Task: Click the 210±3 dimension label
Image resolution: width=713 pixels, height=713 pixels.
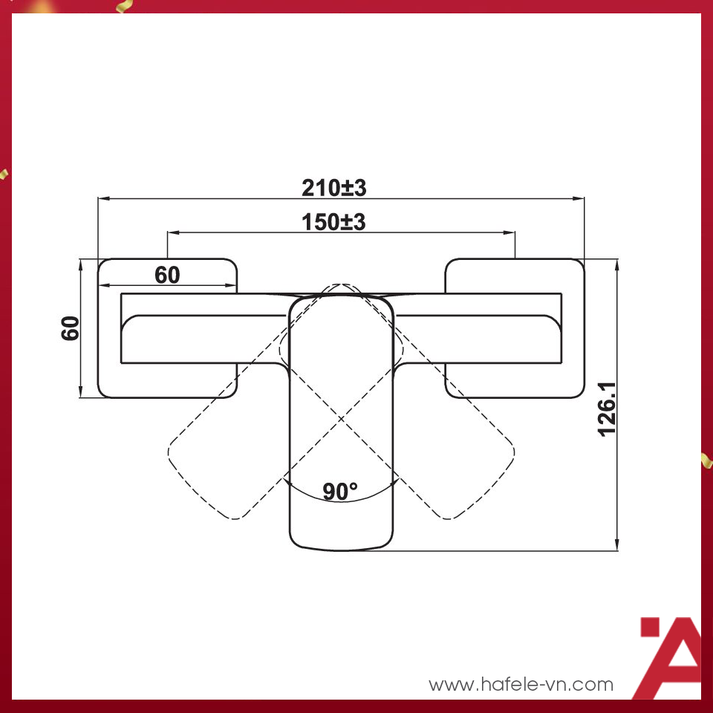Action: coord(333,188)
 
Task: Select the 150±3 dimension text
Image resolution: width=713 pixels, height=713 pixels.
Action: coord(333,222)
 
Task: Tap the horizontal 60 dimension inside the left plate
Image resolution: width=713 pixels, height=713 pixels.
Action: coord(167,275)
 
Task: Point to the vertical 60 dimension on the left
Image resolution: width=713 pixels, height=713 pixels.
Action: coord(71,328)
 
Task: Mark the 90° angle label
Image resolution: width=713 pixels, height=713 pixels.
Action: coord(340,491)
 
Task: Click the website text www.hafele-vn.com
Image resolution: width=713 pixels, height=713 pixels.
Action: coord(521,684)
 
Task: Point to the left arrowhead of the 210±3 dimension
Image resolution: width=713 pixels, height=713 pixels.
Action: coord(102,198)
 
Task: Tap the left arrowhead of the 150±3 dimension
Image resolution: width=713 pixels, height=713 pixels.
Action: coord(172,232)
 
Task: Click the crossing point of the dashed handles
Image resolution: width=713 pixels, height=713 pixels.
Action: coord(341,420)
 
